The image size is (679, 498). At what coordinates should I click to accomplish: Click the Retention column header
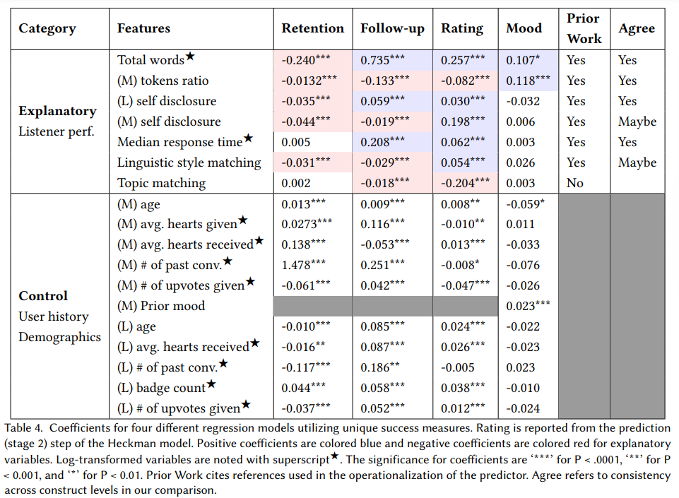pyautogui.click(x=312, y=29)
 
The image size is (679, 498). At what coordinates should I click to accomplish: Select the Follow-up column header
pyautogui.click(x=392, y=29)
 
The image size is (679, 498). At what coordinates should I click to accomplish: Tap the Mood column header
pyautogui.click(x=524, y=29)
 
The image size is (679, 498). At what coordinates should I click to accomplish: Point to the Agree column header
pyautogui.click(x=636, y=29)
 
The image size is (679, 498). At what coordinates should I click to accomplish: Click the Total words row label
pyautogui.click(x=150, y=60)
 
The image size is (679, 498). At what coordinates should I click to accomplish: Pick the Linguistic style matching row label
pyautogui.click(x=189, y=162)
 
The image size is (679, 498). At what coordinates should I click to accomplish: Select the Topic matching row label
pyautogui.click(x=161, y=183)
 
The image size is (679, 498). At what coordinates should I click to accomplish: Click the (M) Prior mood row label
pyautogui.click(x=161, y=306)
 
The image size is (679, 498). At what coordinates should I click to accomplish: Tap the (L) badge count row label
pyautogui.click(x=162, y=388)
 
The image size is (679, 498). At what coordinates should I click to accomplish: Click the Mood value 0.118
pyautogui.click(x=524, y=81)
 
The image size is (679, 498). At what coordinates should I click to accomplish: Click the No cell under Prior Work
pyautogui.click(x=575, y=183)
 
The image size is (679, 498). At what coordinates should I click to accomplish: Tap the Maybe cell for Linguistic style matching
pyautogui.click(x=637, y=162)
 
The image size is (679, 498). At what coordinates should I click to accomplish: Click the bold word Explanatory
pyautogui.click(x=57, y=111)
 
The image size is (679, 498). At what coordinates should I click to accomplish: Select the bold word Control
pyautogui.click(x=43, y=296)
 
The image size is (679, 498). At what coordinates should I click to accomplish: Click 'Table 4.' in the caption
pyautogui.click(x=25, y=428)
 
